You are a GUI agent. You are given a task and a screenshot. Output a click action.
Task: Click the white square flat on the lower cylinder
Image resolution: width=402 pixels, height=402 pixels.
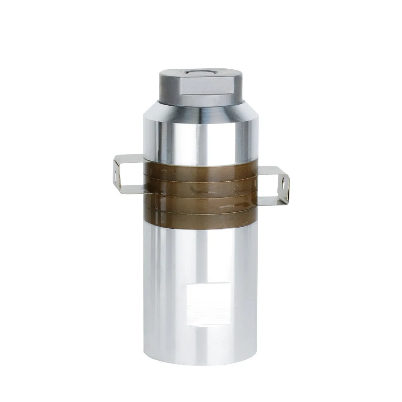pyautogui.click(x=208, y=304)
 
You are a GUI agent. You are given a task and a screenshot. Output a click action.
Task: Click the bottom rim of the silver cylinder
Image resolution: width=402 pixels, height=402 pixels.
pyautogui.click(x=201, y=362)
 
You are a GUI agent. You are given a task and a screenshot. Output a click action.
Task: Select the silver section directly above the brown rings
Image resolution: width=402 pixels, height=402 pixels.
pyautogui.click(x=201, y=141)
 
